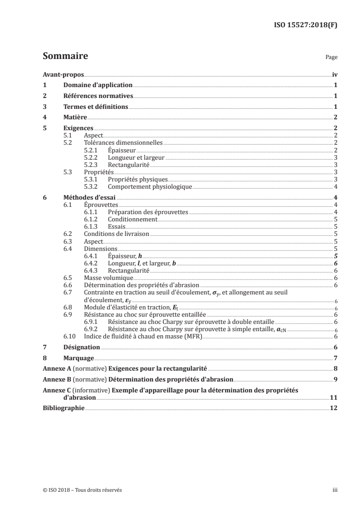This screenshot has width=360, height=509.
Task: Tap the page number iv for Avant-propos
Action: [334, 75]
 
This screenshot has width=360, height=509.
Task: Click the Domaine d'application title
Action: [98, 85]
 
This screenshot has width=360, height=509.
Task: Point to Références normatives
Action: [98, 96]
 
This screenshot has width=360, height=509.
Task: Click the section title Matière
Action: [75, 118]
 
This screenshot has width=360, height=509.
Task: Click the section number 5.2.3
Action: [93, 164]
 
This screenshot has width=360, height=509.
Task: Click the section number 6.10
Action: [70, 336]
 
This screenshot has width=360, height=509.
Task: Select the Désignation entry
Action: [82, 347]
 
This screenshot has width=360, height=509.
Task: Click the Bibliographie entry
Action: [64, 408]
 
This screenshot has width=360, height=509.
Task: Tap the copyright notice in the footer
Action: [82, 490]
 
